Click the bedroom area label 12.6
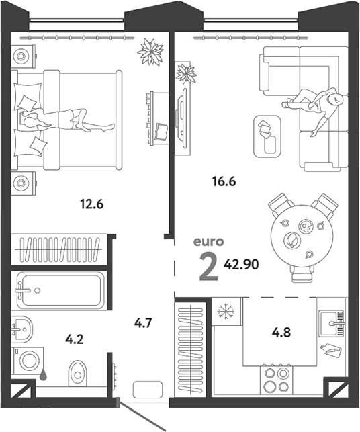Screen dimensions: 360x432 (92, 204)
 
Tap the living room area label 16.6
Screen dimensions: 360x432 (224, 181)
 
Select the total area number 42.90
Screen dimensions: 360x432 (241, 265)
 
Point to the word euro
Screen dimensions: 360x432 (208, 241)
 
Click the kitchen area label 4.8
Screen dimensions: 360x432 (281, 333)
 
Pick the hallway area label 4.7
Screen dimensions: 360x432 (143, 323)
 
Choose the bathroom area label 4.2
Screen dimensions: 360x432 (75, 340)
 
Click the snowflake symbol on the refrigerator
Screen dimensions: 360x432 (226, 312)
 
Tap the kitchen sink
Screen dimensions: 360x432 (332, 323)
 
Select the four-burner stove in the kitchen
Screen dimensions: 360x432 (276, 380)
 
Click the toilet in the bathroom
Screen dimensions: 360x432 (77, 374)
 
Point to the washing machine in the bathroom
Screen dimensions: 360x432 (28, 360)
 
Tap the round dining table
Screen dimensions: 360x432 (302, 236)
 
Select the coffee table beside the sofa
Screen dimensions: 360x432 (267, 136)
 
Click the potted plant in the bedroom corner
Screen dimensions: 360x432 (150, 52)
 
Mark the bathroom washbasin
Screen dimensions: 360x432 (21, 329)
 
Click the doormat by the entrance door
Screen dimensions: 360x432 (148, 390)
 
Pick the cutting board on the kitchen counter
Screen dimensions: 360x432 (331, 350)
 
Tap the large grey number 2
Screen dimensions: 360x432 (209, 267)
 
